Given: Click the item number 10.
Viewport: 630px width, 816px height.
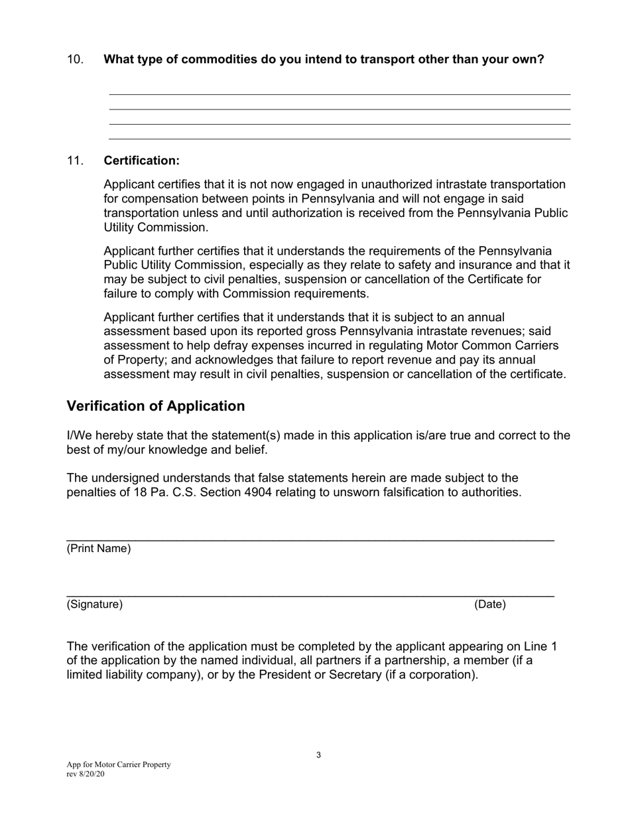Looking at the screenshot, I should (75, 60).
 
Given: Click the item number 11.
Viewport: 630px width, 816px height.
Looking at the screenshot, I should (75, 161).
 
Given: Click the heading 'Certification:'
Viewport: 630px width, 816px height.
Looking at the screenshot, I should (141, 161).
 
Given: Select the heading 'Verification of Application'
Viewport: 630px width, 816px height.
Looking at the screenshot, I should (156, 406).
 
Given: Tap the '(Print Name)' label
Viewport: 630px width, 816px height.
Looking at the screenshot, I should (99, 549).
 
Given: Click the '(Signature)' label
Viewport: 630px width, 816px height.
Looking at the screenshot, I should (95, 604).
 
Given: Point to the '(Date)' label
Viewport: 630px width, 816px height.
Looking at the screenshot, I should (489, 604).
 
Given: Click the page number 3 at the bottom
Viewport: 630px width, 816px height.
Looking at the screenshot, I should (318, 755).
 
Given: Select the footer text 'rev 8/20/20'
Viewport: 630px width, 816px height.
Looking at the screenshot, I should (86, 774).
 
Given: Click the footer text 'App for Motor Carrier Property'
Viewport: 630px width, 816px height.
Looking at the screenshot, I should (119, 765).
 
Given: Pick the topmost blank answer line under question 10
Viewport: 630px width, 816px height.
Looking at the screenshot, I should (340, 94).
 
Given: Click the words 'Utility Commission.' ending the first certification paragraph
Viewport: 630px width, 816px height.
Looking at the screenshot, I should (156, 228).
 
